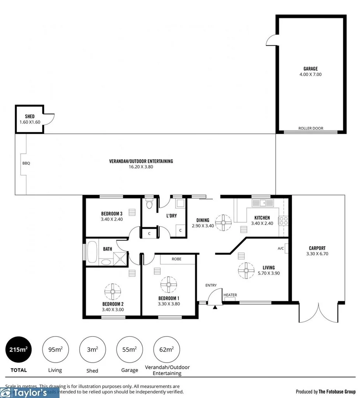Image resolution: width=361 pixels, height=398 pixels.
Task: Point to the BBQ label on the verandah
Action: tap(26, 163)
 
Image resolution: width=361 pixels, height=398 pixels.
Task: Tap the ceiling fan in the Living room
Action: tap(245, 270)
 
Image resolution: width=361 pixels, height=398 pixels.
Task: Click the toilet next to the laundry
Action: tap(149, 204)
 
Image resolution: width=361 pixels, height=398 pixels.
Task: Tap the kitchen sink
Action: tap(263, 203)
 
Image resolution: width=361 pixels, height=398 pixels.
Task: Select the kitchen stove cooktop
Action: tap(283, 221)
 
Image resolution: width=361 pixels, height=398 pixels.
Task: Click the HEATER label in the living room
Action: tap(230, 295)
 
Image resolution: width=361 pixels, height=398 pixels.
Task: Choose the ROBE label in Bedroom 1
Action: tap(176, 259)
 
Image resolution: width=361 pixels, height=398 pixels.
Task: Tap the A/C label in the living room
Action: tap(281, 248)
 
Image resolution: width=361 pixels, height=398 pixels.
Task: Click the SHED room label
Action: tap(29, 116)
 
